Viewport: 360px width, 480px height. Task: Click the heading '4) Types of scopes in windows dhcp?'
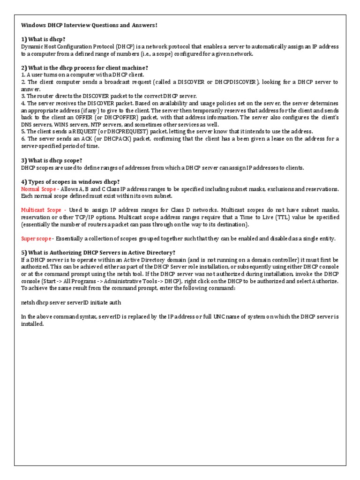70,181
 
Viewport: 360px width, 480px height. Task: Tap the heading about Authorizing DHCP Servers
98,252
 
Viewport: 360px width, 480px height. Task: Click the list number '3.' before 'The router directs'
23,96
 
